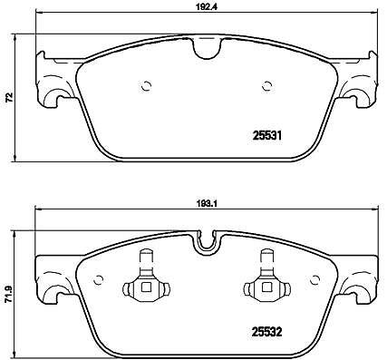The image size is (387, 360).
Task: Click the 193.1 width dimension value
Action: click(207, 203)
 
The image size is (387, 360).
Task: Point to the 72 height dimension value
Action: click(9, 97)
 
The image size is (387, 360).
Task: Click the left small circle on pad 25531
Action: click(146, 86)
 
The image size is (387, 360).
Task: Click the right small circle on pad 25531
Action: click(266, 86)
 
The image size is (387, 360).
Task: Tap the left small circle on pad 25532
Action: click(98, 280)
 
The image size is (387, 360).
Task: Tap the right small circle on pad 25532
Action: click(314, 280)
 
